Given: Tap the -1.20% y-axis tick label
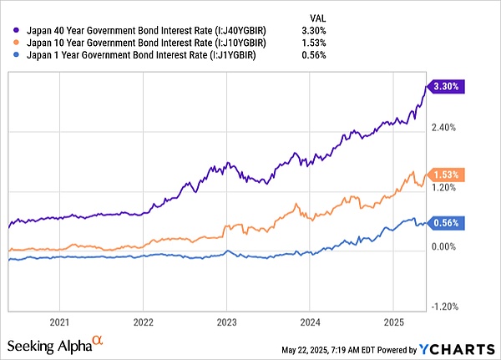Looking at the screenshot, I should coord(446,307).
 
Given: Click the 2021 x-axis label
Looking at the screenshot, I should coord(59,322).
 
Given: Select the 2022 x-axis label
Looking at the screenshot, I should coord(144,322).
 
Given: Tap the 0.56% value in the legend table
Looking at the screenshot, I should coord(313,54).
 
